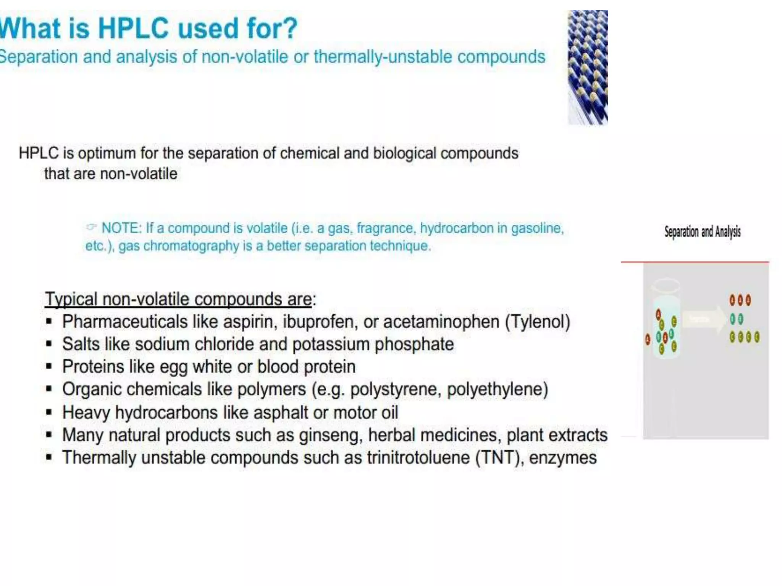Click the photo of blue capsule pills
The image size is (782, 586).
pyautogui.click(x=588, y=68)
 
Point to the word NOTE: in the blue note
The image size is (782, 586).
pyautogui.click(x=121, y=228)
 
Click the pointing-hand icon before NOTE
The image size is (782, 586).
pyautogui.click(x=91, y=227)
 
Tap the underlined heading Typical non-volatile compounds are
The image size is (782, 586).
pyautogui.click(x=178, y=299)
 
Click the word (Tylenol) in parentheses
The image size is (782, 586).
pyautogui.click(x=538, y=322)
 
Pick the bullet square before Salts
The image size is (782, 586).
pyautogui.click(x=49, y=344)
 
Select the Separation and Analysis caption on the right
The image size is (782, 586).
pyautogui.click(x=702, y=232)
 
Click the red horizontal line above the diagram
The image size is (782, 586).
pyautogui.click(x=695, y=262)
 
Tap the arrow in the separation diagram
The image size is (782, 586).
pyautogui.click(x=704, y=319)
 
